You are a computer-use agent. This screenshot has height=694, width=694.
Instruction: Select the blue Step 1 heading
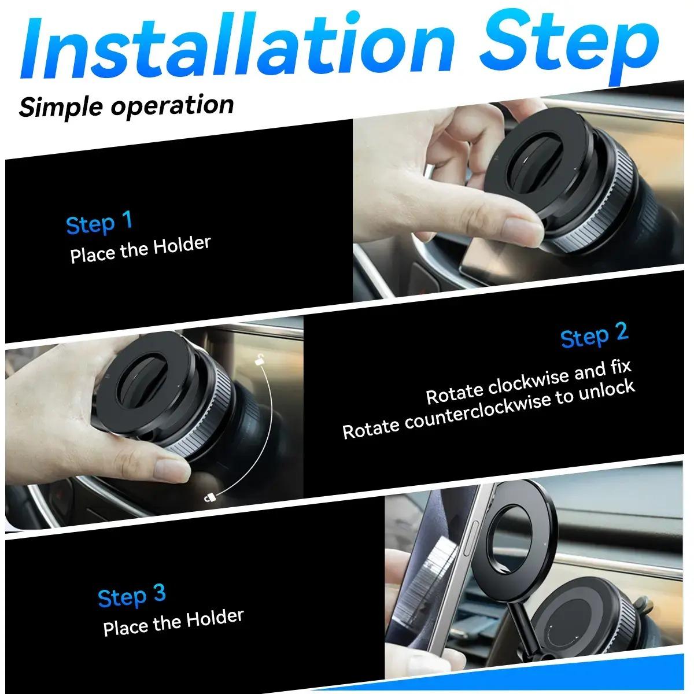(x=99, y=223)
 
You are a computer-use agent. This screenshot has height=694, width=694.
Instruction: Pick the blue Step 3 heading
(x=132, y=596)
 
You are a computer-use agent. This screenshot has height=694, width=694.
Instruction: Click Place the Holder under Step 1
(x=140, y=249)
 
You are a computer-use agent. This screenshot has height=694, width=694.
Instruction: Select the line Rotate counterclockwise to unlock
(x=489, y=409)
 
